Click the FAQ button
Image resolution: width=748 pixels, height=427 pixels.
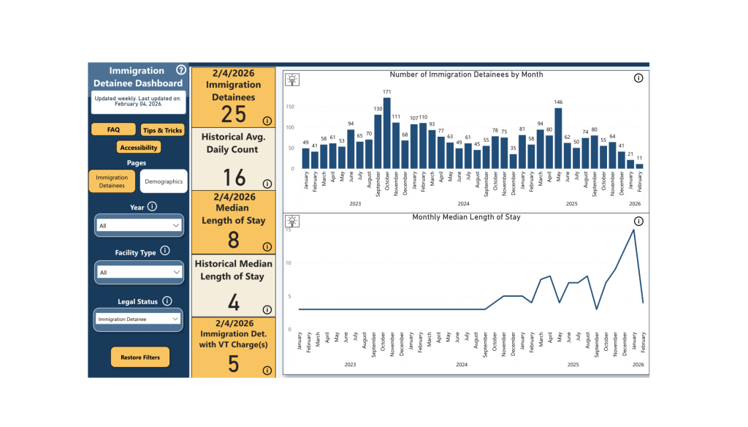point(113,129)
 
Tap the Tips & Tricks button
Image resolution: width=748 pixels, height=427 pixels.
point(163,130)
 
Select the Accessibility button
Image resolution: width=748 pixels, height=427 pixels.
point(138,147)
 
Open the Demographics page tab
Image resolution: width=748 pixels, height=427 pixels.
point(164,181)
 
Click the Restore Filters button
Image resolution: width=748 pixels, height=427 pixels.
point(140,358)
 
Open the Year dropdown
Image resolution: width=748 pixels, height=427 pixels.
point(139,226)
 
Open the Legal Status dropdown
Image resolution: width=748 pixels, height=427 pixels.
point(139,319)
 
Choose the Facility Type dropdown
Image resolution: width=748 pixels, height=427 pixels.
point(139,272)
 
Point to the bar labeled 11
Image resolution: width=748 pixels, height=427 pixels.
point(640,167)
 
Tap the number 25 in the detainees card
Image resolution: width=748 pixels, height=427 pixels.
point(234,114)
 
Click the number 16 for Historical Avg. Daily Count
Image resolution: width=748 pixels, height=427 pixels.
point(234,177)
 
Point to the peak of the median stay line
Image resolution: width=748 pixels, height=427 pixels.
point(633,230)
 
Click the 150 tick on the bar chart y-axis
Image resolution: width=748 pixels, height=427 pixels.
point(290,107)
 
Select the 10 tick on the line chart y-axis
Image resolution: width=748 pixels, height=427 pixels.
point(289,263)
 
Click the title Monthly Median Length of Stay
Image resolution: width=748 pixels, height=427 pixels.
point(466,217)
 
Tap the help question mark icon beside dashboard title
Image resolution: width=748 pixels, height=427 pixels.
point(181,71)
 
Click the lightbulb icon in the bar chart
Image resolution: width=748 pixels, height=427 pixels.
point(292,79)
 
